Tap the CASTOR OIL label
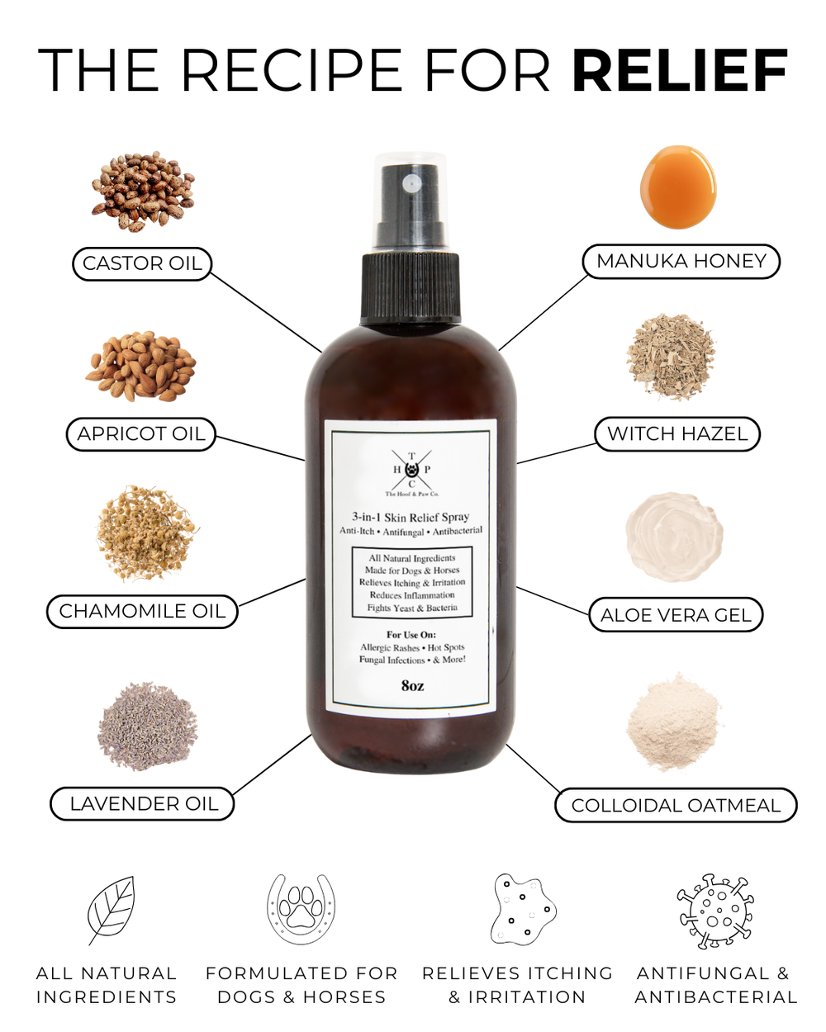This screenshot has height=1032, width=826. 142,263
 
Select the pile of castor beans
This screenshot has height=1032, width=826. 143,190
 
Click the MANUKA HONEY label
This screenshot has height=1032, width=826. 681,261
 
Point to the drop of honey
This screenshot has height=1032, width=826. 677,186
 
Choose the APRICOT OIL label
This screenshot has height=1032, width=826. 141,434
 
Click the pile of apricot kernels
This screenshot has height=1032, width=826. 141,366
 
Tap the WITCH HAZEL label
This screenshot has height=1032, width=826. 677,434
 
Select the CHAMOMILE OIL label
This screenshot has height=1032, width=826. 142,611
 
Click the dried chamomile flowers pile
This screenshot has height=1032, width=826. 145,533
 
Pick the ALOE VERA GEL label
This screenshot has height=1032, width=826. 676,615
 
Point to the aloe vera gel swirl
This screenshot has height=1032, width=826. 674,537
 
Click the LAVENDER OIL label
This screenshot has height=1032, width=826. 143,804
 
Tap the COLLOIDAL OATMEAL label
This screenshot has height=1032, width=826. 676,806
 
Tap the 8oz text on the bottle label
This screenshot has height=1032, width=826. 412,685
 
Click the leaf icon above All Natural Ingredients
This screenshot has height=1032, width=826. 111,910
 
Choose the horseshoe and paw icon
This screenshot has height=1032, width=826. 301,908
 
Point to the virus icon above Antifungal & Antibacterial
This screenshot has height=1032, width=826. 715,911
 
